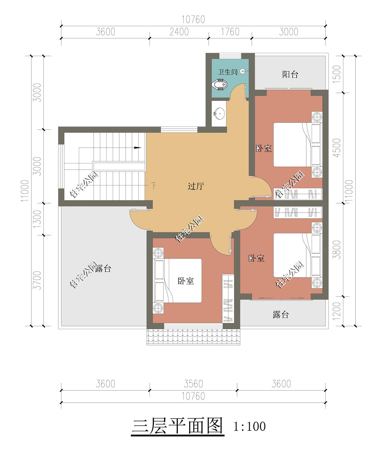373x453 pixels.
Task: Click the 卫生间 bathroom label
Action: (x=227, y=72)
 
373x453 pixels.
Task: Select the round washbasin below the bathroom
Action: (x=219, y=112)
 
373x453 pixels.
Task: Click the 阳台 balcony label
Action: (x=290, y=74)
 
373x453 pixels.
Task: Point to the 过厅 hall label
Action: (x=196, y=186)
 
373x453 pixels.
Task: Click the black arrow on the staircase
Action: (x=137, y=148)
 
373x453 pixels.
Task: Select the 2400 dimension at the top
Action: (x=179, y=32)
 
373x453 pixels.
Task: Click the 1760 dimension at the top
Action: (x=230, y=32)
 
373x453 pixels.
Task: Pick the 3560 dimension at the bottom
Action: (x=193, y=384)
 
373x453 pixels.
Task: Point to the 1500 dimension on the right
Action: (x=337, y=72)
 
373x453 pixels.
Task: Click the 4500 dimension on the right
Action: (x=337, y=148)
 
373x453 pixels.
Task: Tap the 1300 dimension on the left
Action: (x=37, y=219)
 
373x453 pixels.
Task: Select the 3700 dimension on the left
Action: (x=37, y=280)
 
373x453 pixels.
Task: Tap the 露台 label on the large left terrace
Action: (x=103, y=268)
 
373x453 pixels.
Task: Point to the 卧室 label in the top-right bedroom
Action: (x=264, y=148)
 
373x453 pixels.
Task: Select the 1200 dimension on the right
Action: (x=337, y=311)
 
